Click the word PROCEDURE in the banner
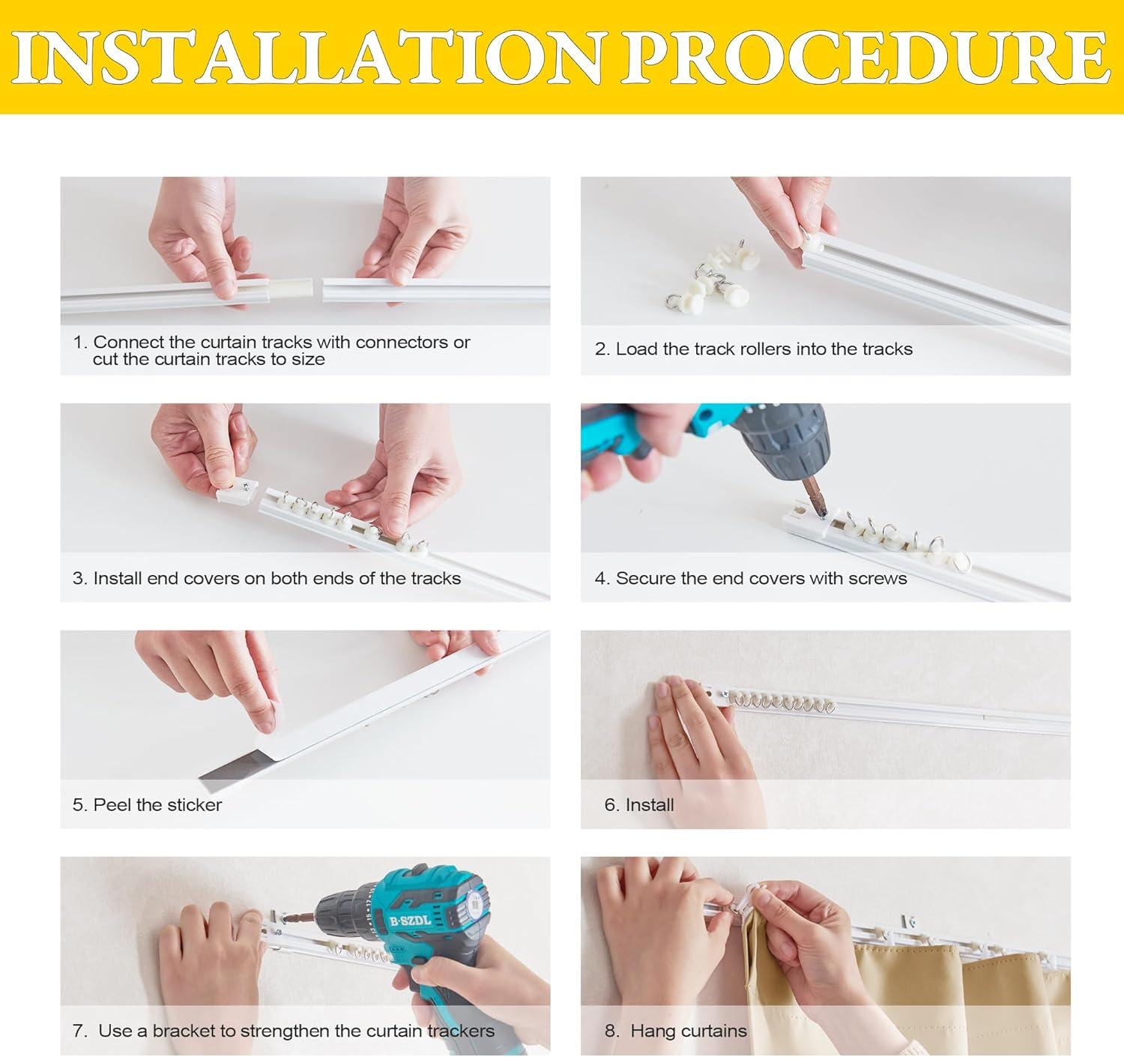coord(865,57)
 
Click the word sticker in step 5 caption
coord(193,805)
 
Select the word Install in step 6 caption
coord(650,805)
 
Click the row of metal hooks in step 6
coord(780,704)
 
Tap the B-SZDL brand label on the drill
coord(411,921)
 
